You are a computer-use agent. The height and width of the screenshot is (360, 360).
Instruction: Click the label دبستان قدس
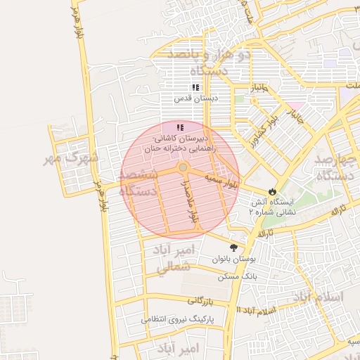[197, 99]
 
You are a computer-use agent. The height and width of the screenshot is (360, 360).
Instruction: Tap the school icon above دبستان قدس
[195, 87]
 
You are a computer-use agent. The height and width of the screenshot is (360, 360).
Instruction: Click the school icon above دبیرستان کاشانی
[181, 127]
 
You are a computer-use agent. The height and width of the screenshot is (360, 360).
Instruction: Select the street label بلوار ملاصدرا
[191, 204]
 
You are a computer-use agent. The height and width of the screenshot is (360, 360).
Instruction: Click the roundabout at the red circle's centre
[183, 167]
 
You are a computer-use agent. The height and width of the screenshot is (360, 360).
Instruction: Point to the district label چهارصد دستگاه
[335, 167]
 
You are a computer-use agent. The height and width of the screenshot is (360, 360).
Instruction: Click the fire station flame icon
[272, 191]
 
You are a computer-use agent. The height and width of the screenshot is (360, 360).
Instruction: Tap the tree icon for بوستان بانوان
[234, 247]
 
